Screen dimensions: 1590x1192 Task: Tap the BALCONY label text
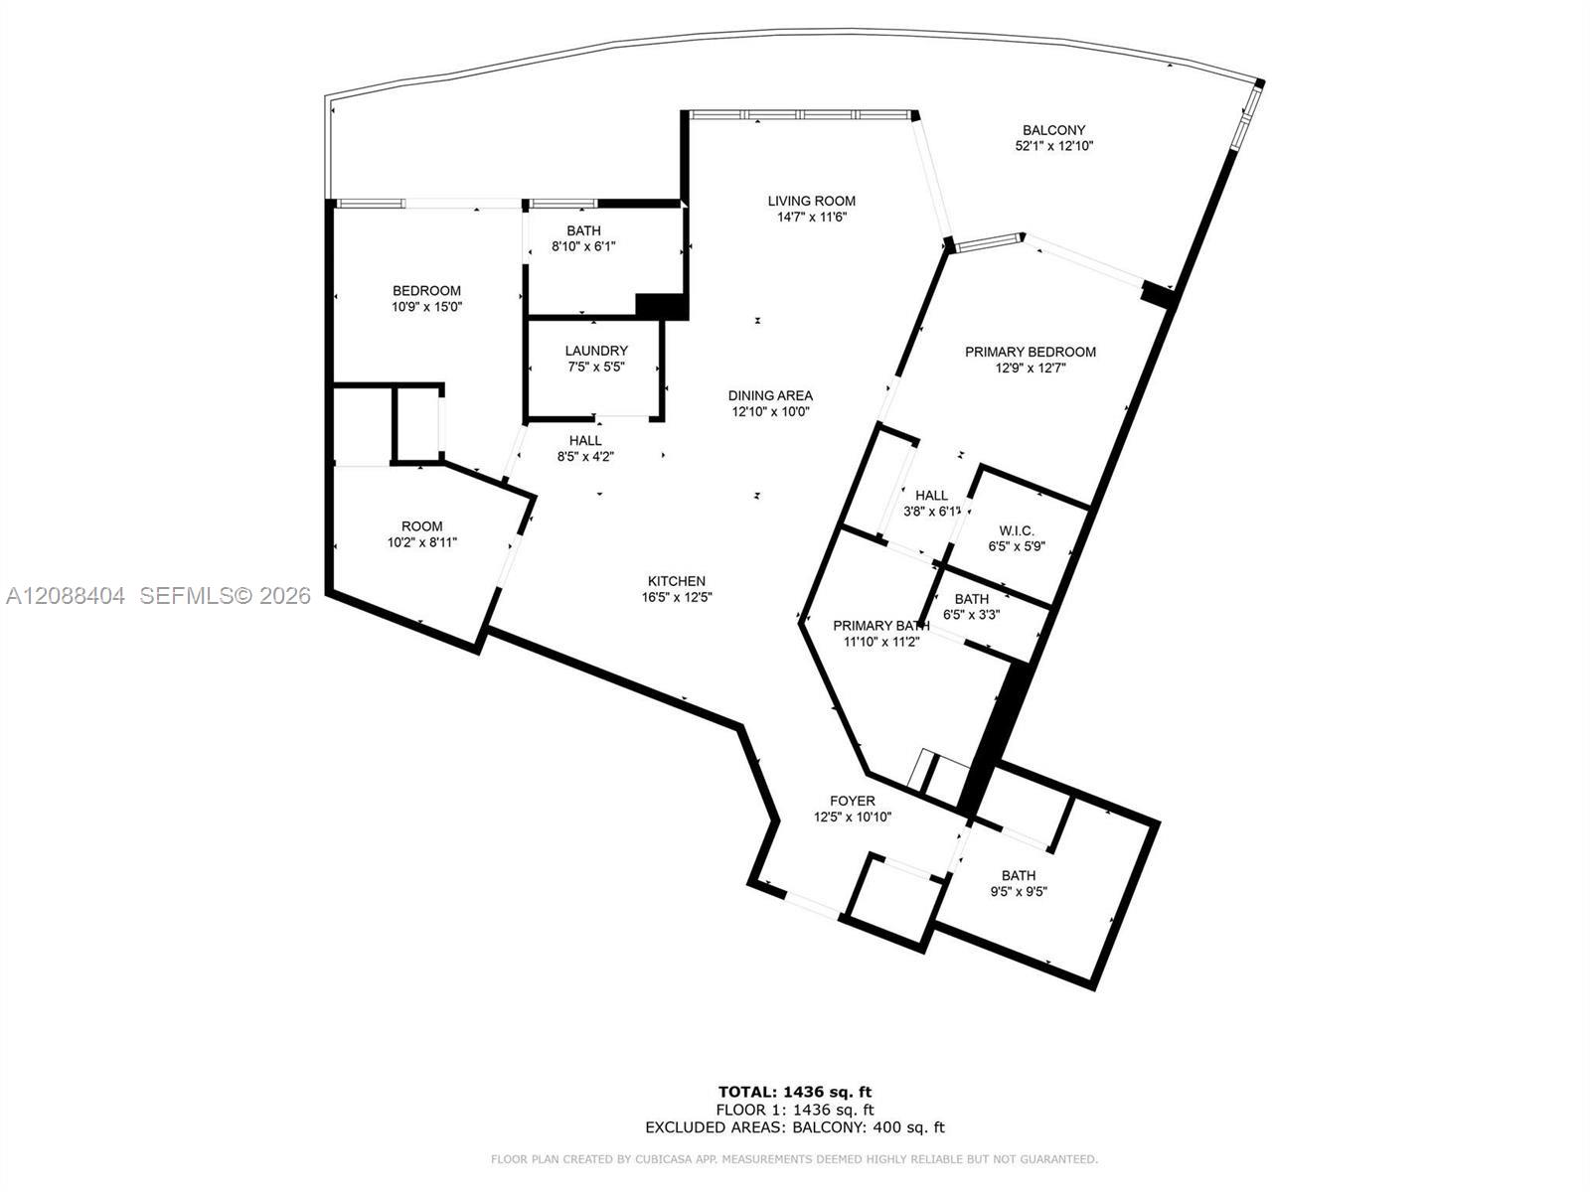[1054, 130]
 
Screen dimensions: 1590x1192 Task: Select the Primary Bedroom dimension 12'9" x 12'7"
[1031, 369]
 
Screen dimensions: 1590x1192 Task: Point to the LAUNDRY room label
[596, 351]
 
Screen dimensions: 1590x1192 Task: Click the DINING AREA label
[770, 396]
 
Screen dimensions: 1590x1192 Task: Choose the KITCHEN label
[677, 581]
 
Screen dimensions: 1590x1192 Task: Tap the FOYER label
[853, 802]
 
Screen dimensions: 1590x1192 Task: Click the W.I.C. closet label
[1017, 531]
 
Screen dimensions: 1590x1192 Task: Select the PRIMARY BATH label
[880, 626]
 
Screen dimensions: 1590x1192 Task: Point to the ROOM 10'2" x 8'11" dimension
[422, 542]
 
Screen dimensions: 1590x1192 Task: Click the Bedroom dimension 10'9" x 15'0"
[426, 307]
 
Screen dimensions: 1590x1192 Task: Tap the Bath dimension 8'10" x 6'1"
[584, 246]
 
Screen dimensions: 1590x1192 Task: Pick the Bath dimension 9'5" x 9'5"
[1019, 892]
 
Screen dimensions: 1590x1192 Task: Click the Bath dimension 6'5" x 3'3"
[971, 615]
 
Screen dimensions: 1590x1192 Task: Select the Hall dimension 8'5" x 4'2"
[585, 457]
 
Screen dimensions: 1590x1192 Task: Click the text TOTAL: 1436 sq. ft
[795, 1092]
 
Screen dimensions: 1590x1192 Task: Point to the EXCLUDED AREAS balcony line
[795, 1126]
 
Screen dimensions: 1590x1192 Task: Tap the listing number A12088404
[66, 596]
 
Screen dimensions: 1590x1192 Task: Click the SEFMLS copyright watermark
[226, 596]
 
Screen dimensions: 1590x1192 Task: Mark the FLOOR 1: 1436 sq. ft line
[795, 1110]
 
